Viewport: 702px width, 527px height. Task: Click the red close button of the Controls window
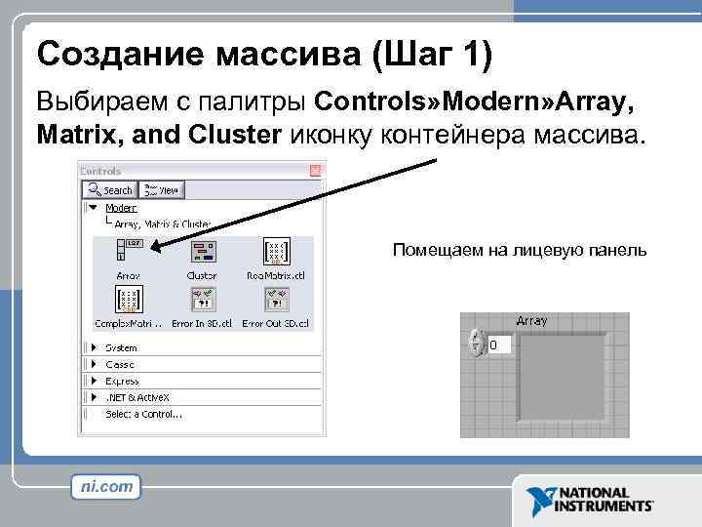pos(315,170)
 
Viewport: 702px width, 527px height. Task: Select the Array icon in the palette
pos(129,251)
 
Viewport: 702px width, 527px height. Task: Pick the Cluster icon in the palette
pos(203,251)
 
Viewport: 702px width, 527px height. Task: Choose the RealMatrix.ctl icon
pos(276,251)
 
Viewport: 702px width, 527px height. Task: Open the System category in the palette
pos(121,347)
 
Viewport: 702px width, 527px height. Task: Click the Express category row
pos(122,381)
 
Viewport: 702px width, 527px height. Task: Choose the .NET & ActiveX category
pos(136,397)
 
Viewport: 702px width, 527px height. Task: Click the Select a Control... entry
pos(143,414)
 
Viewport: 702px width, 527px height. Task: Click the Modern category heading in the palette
pos(121,208)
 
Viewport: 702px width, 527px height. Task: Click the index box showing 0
pos(497,345)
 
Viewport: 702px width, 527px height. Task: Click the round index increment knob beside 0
pos(476,343)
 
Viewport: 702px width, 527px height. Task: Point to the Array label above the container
pos(531,320)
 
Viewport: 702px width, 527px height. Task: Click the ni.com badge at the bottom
pos(105,486)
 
